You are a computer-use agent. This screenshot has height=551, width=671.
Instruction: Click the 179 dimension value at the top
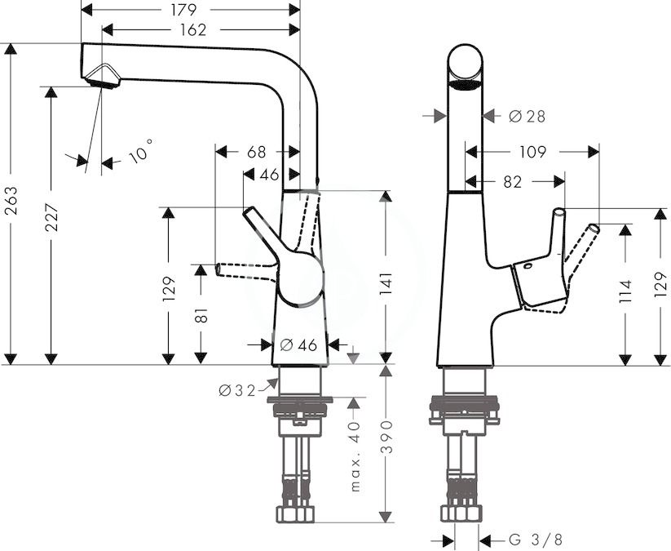183,10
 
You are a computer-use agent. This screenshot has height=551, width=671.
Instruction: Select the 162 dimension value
193,29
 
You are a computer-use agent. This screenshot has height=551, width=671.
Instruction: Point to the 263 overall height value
11,201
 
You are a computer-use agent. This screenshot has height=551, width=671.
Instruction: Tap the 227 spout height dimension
52,218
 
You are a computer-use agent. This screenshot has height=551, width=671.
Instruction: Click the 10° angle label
140,151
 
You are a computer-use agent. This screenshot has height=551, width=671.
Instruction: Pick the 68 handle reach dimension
256,152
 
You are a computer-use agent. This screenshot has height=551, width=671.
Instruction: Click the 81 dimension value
201,315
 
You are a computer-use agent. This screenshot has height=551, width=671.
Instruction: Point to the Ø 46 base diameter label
298,345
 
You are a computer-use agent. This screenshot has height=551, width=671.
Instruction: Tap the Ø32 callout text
236,390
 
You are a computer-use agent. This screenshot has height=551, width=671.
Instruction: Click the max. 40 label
355,455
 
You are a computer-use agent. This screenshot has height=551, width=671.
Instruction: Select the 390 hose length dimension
386,437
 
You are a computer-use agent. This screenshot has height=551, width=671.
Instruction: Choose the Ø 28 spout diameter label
528,116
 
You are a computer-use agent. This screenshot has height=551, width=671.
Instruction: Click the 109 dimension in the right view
532,152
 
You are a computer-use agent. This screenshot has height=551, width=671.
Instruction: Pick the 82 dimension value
513,182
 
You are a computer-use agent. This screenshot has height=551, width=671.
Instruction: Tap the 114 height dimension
625,291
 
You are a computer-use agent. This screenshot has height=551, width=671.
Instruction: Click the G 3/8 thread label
536,539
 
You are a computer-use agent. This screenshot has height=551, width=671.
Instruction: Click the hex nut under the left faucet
295,514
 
